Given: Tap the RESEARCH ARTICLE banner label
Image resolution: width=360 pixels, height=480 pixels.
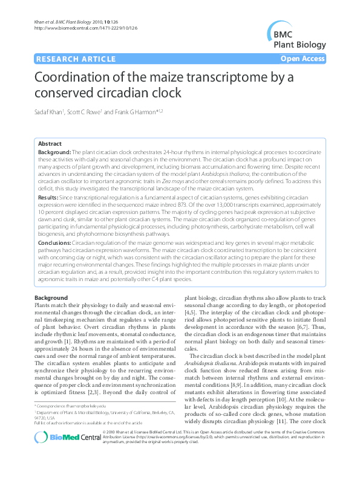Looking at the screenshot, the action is [76, 59].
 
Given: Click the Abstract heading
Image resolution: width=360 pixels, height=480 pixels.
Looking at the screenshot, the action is [50, 143].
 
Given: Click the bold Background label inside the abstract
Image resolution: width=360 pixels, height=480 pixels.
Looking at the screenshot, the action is [54, 151].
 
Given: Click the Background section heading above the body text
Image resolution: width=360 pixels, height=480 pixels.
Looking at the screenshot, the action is [51, 298].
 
